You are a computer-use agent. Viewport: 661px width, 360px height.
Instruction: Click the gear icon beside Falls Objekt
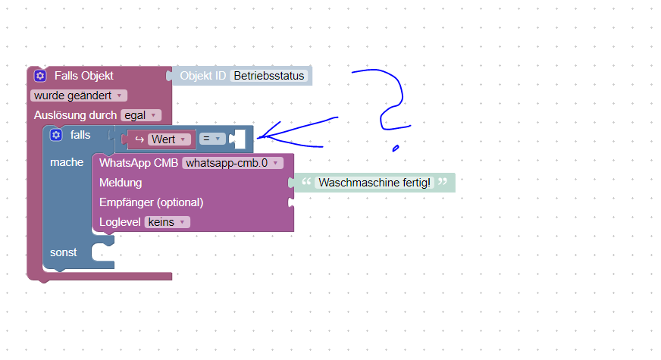[x=41, y=76]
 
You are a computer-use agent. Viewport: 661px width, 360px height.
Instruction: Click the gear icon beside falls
[x=56, y=135]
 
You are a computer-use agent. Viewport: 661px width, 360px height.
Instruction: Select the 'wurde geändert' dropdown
[x=79, y=95]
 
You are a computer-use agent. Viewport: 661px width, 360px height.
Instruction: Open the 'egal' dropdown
[x=141, y=115]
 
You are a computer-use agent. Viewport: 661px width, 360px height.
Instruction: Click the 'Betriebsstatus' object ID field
[x=268, y=76]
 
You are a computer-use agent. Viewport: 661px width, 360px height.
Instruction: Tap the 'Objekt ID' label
[x=202, y=76]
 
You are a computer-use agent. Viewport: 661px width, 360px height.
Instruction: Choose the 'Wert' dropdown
[x=168, y=139]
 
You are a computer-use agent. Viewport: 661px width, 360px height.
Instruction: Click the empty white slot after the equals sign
[x=239, y=139]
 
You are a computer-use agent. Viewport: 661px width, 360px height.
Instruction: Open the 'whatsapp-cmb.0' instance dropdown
[x=233, y=162]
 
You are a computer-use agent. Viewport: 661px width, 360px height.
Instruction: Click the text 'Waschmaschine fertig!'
[x=374, y=183]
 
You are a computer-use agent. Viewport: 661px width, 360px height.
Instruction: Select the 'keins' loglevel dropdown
[x=167, y=222]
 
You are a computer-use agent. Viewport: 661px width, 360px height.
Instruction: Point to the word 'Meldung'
[x=121, y=183]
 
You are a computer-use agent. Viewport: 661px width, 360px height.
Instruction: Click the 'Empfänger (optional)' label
[x=151, y=202]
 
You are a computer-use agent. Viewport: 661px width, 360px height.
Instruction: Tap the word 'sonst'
[x=64, y=252]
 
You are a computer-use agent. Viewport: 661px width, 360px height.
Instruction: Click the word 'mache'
[x=67, y=162]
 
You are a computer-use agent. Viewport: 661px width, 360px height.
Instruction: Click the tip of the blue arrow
[x=259, y=137]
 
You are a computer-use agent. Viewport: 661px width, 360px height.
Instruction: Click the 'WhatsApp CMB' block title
[x=138, y=162]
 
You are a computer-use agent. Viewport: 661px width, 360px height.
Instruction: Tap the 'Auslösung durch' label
[x=75, y=115]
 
